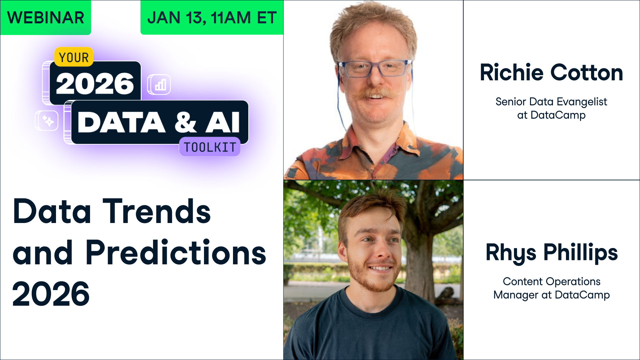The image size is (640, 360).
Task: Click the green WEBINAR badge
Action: click(46, 18)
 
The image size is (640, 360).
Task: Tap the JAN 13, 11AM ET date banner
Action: click(212, 18)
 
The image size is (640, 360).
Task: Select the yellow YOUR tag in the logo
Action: click(74, 57)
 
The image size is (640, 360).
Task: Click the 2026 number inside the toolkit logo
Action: click(95, 83)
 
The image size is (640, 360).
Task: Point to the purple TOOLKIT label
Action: click(210, 147)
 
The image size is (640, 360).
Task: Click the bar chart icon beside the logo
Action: click(159, 85)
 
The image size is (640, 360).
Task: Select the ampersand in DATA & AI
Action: click(185, 122)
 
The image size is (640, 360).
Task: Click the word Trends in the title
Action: click(157, 212)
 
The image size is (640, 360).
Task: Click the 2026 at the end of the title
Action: click(51, 294)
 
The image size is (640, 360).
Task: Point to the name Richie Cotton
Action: click(551, 73)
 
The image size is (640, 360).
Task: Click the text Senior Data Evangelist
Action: click(551, 102)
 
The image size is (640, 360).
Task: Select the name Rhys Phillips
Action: click(552, 253)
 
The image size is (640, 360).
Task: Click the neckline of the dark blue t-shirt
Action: click(370, 300)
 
